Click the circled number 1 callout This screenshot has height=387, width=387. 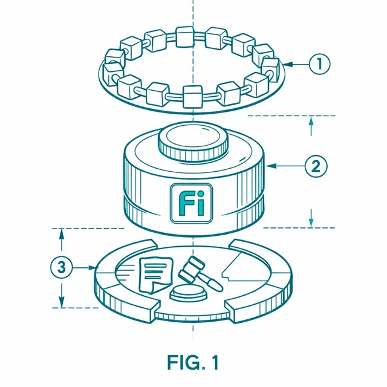click(x=319, y=64)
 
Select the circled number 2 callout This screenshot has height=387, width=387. click(x=316, y=166)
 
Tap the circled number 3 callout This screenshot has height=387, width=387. click(x=62, y=267)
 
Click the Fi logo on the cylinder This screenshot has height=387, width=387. click(x=192, y=203)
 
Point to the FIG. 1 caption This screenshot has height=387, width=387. click(x=193, y=362)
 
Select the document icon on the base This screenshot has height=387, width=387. click(x=156, y=275)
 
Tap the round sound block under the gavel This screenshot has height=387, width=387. click(x=188, y=293)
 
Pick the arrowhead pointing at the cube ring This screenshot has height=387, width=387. click(x=288, y=65)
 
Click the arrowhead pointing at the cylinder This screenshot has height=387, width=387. click(x=271, y=166)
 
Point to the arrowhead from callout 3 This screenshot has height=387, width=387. click(x=93, y=267)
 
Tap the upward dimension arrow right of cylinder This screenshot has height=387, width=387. click(x=311, y=126)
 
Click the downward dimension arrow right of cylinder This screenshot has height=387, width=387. click(x=311, y=218)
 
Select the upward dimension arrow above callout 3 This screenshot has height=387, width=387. click(x=62, y=239)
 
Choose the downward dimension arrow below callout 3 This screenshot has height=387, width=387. click(x=62, y=296)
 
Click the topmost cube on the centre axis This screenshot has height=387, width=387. click(x=185, y=37)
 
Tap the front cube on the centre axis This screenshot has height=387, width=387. click(x=192, y=97)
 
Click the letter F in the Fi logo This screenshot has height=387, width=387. click(x=185, y=204)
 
